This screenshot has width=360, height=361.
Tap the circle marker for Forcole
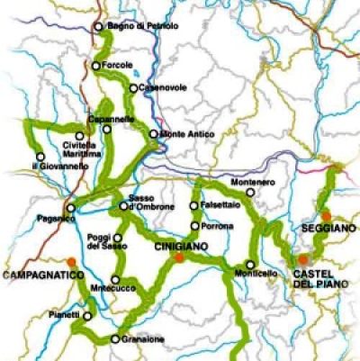[x=96, y=65]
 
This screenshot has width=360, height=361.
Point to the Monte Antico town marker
[x=154, y=134]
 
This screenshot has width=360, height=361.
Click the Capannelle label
[x=111, y=119]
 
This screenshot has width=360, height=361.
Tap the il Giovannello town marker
[x=40, y=157]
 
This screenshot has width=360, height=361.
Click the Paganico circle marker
[x=71, y=207]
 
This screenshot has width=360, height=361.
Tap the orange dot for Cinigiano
[x=180, y=257]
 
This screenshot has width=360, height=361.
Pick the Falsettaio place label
[x=219, y=205]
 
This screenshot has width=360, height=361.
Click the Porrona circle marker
[x=193, y=225]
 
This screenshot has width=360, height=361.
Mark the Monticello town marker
[x=249, y=265]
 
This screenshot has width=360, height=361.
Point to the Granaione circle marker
[x=115, y=339]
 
